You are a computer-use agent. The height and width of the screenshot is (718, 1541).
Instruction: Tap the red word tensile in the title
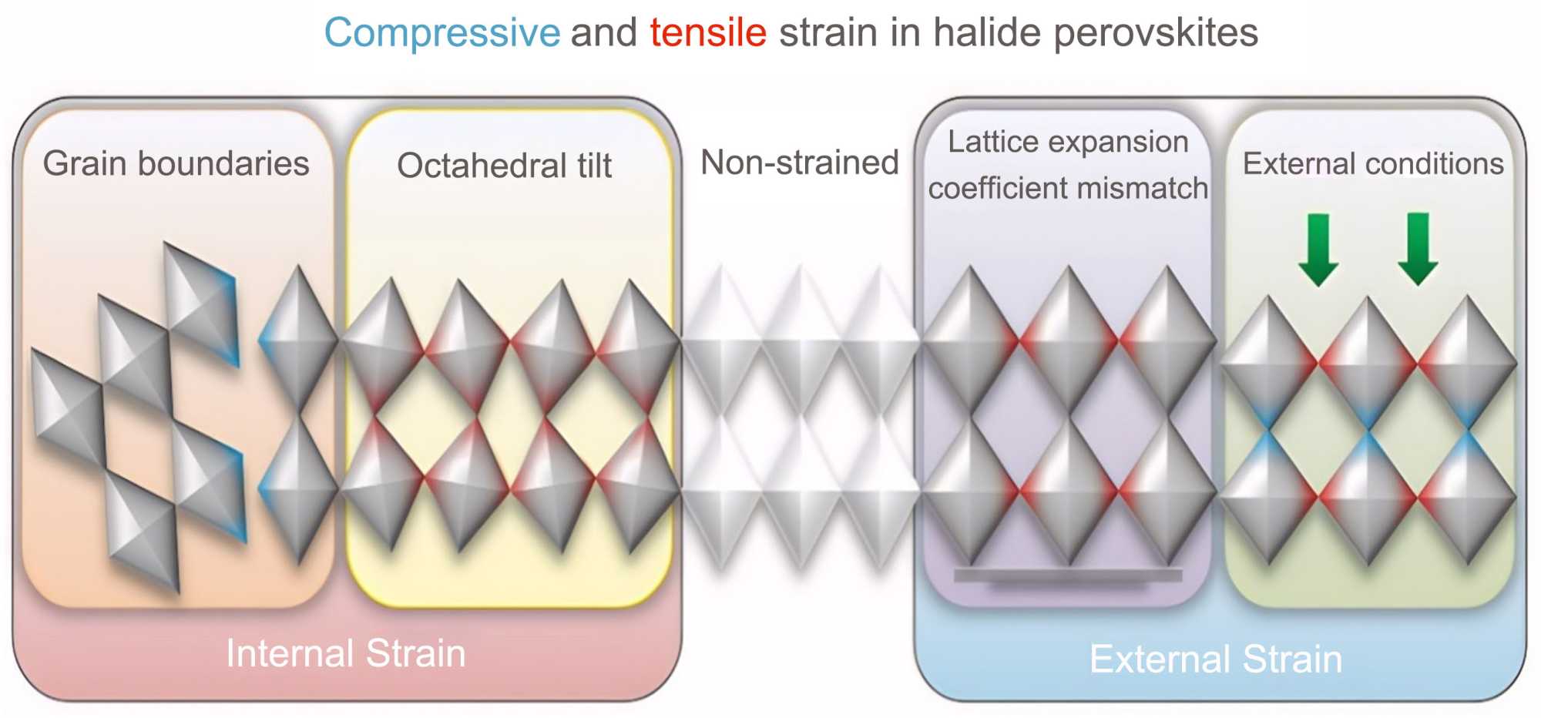(708, 32)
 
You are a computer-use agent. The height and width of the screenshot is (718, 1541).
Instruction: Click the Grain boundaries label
(176, 163)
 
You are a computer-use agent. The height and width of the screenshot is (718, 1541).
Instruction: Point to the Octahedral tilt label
(504, 166)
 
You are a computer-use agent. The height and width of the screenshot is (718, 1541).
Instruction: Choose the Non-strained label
(800, 163)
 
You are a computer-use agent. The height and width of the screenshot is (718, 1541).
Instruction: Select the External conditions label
(1373, 163)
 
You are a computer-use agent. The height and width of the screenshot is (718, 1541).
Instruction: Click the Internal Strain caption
(346, 653)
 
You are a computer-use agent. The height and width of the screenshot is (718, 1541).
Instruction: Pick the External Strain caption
(1216, 659)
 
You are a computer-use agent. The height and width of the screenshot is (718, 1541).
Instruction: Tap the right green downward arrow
(1418, 249)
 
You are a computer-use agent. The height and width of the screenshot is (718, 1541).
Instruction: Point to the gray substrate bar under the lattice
(1068, 575)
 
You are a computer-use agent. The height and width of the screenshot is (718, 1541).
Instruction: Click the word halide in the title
(987, 32)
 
